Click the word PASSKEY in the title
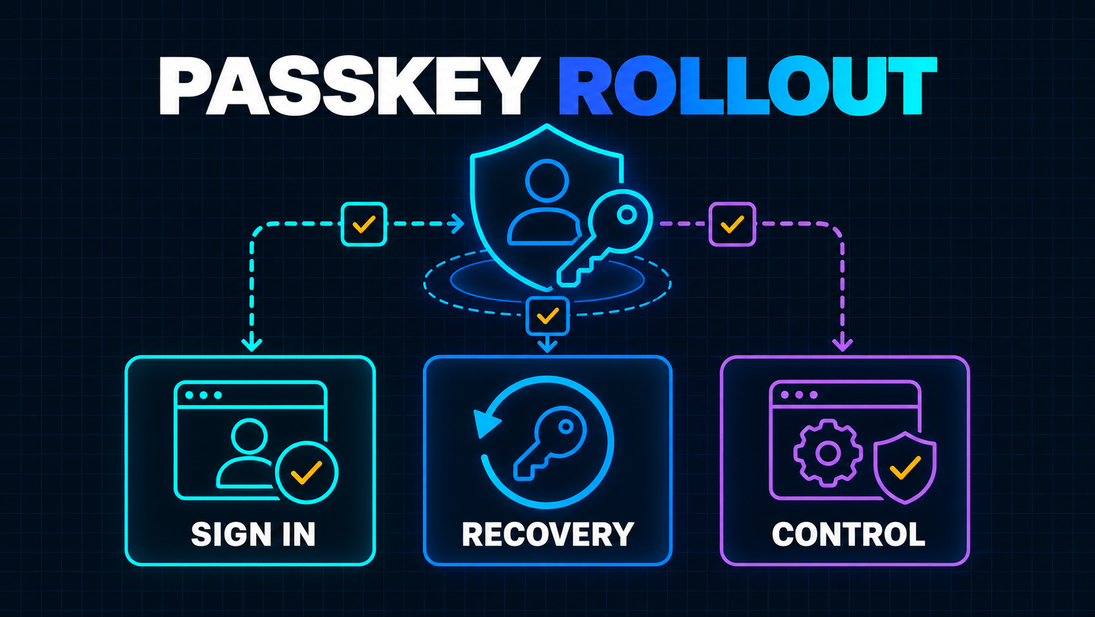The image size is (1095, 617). (350, 86)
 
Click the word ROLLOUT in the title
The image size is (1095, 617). (747, 86)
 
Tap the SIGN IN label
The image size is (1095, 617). (253, 534)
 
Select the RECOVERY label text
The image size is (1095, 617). (547, 534)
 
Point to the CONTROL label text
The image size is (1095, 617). (849, 534)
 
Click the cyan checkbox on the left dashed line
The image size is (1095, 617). (363, 224)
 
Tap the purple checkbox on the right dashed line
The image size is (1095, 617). (732, 224)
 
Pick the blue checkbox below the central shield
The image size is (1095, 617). (547, 315)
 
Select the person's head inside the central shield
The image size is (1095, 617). (547, 180)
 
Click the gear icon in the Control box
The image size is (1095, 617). (828, 452)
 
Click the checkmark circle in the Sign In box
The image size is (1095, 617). (306, 473)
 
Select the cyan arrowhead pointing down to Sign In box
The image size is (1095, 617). (251, 344)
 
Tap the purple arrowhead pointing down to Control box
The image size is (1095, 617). (842, 344)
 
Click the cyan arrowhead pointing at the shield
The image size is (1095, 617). (458, 224)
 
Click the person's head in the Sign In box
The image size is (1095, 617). (250, 436)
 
